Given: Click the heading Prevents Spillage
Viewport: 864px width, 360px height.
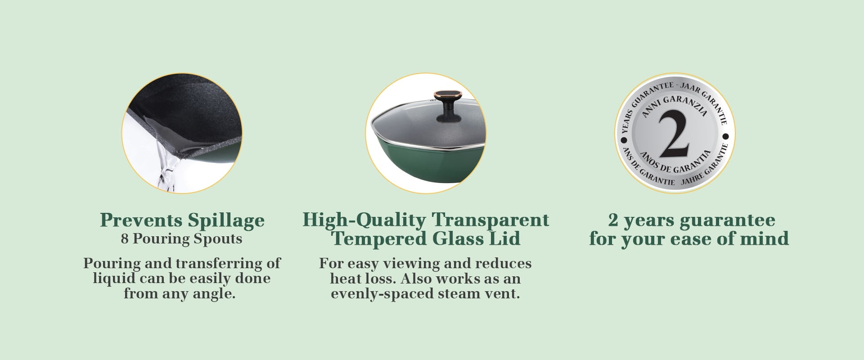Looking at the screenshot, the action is click(182, 220).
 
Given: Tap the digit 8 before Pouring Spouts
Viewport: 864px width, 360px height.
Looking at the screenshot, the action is click(125, 238).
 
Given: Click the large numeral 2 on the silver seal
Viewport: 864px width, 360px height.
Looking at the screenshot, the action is click(675, 134).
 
